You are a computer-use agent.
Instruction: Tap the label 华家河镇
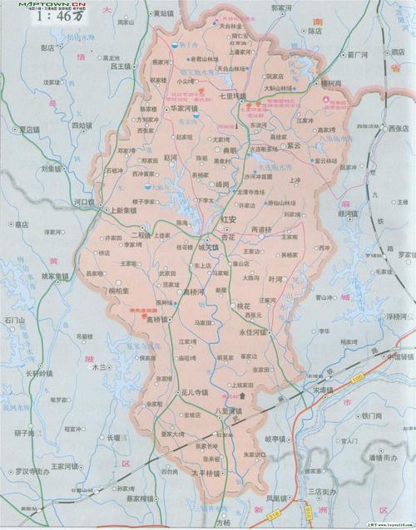(182, 108)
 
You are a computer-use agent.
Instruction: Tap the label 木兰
(100, 366)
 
